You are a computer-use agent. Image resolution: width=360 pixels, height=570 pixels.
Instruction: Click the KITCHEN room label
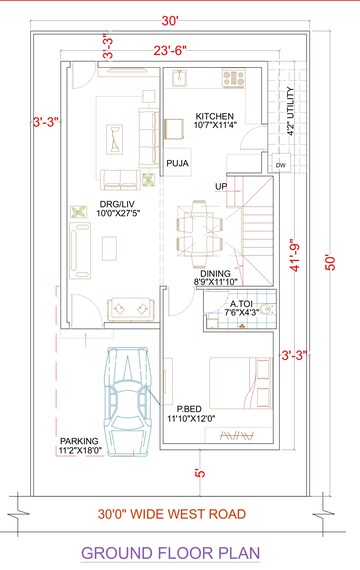[x=214, y=115]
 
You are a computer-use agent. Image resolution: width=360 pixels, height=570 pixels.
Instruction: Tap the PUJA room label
[x=178, y=162]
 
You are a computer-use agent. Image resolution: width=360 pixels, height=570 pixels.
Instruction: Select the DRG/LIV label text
[x=115, y=206]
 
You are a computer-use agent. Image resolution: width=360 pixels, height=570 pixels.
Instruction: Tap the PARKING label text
[x=78, y=441]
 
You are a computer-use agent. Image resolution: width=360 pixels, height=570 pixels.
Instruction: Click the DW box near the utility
[x=279, y=164]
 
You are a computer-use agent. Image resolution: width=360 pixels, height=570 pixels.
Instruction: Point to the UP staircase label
[x=221, y=186]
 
